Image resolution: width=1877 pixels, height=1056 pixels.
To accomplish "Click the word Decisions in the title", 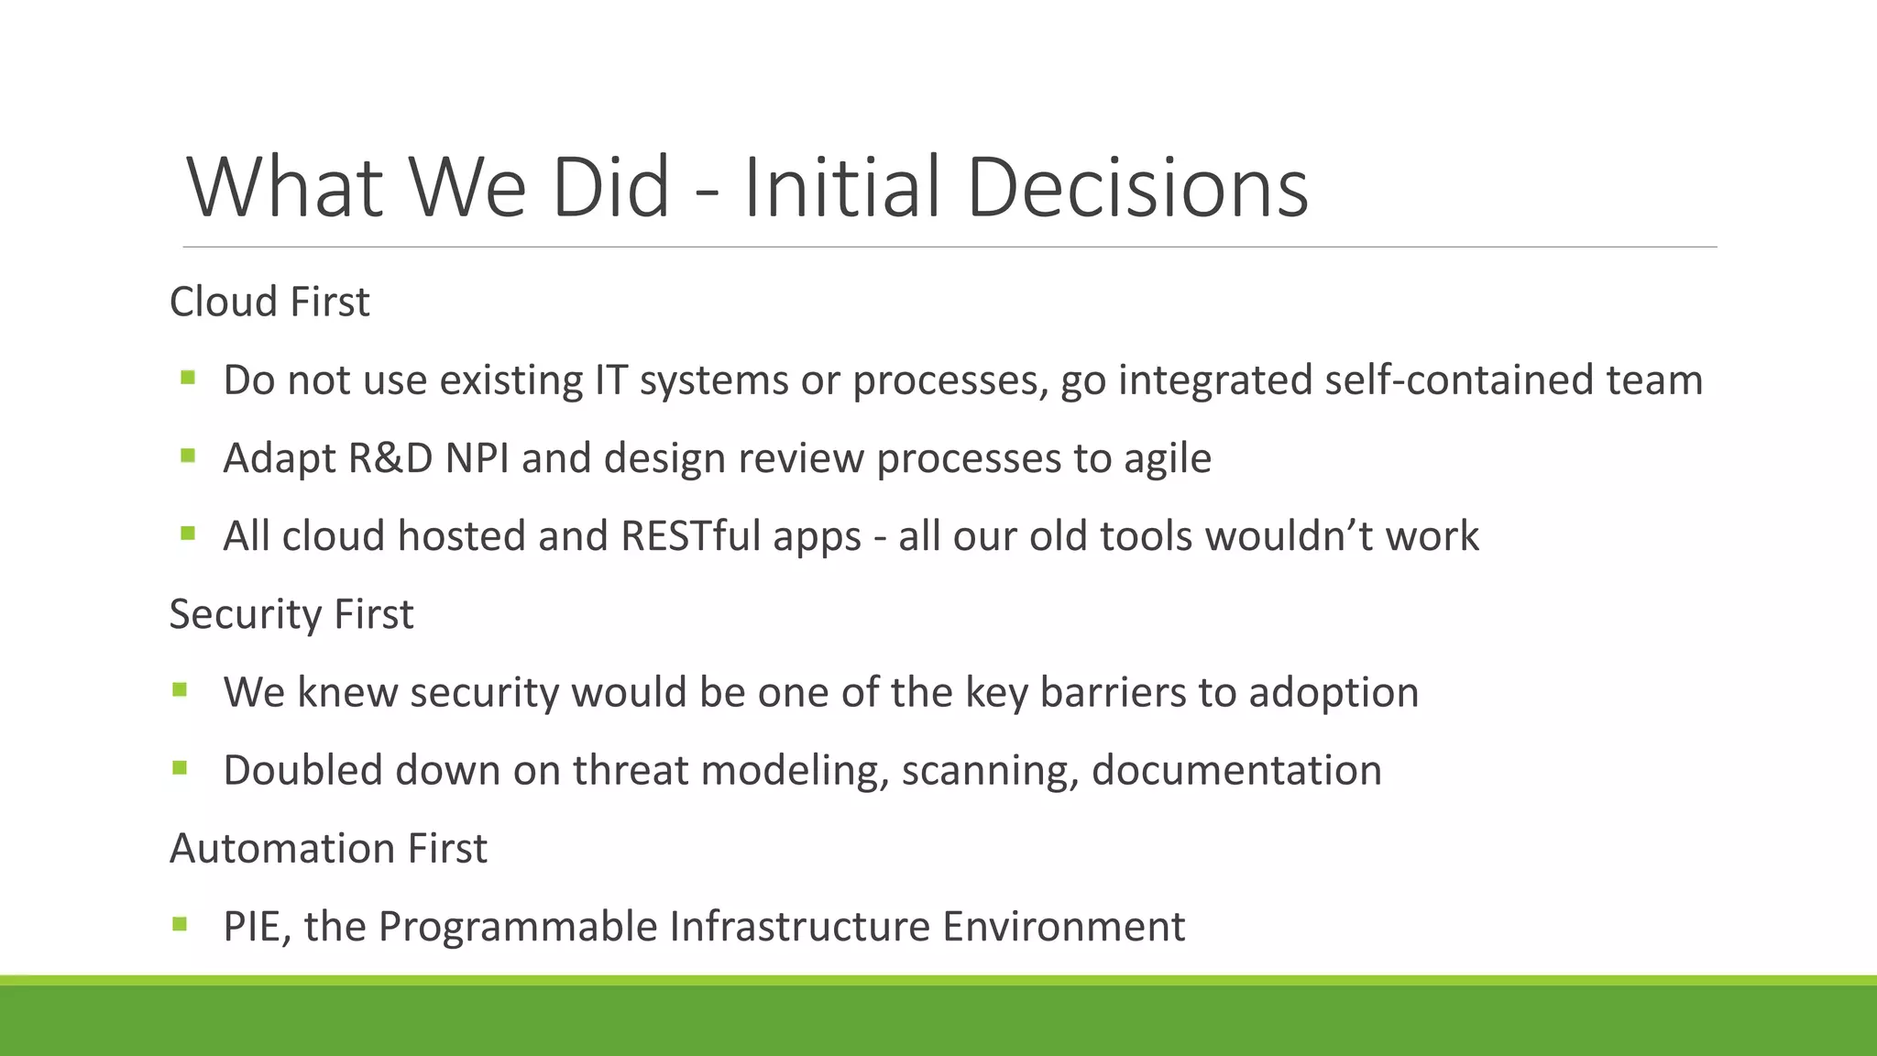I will [1136, 188].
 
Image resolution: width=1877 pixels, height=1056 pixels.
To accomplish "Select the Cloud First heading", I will [269, 302].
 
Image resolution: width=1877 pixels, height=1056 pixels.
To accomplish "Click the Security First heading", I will [291, 614].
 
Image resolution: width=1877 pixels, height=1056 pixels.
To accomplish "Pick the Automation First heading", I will [328, 849].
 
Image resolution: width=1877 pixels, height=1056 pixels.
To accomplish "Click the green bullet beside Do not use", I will [188, 378].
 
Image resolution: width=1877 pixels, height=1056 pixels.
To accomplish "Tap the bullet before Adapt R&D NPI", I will [188, 456].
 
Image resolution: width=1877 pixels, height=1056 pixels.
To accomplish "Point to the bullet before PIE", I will [179, 924].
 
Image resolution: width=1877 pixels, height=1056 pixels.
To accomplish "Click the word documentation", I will [1236, 770].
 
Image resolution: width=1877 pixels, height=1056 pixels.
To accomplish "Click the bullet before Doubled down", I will [179, 768].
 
